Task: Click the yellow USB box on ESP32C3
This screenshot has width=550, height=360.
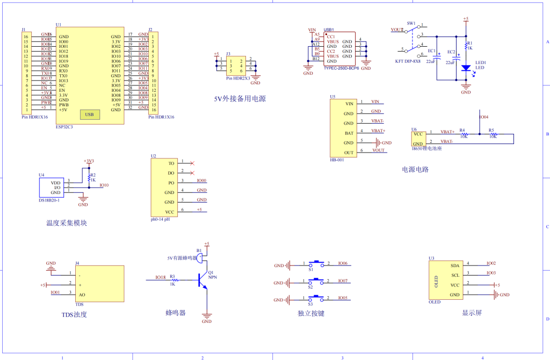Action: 89,114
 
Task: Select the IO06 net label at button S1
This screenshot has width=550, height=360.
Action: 343,264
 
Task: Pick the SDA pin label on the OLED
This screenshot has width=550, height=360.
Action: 454,265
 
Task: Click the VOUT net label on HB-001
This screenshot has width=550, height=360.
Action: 378,150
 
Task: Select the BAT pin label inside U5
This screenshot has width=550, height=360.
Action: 349,133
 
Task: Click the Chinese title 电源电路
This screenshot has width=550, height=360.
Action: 415,169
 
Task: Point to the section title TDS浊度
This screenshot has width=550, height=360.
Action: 74,314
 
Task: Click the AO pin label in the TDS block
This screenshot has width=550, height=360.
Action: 82,294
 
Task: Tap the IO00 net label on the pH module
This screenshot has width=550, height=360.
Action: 201,181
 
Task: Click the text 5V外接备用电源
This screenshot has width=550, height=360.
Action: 240,99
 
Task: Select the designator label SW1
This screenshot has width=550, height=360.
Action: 411,24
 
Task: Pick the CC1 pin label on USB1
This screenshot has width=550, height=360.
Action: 331,37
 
